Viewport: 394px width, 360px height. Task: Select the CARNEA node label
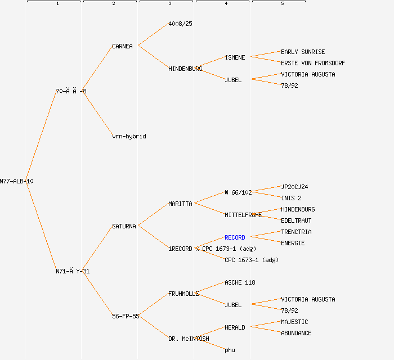(x=122, y=46)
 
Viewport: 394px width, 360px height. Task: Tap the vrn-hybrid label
(x=129, y=136)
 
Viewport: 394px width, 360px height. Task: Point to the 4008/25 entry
(x=180, y=24)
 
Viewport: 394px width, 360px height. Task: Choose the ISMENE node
(x=235, y=57)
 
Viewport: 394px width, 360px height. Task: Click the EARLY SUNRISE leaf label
(x=303, y=52)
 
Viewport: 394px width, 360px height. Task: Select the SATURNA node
(x=124, y=226)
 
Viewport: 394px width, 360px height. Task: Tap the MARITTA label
(x=180, y=204)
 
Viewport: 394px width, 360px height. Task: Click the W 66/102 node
(x=238, y=192)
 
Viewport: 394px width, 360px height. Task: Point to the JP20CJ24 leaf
(x=294, y=187)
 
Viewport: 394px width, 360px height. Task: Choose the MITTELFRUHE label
(x=243, y=215)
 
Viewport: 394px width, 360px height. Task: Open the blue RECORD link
(x=235, y=237)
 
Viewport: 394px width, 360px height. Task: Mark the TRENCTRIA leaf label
(x=296, y=232)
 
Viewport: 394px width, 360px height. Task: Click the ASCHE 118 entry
(x=240, y=282)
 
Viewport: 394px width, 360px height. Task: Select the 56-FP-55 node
(x=126, y=316)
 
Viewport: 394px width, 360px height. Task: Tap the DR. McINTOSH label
(x=189, y=339)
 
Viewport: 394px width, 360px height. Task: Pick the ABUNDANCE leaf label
(x=296, y=333)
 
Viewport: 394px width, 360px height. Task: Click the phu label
(x=230, y=350)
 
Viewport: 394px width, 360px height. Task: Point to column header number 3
(x=169, y=4)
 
